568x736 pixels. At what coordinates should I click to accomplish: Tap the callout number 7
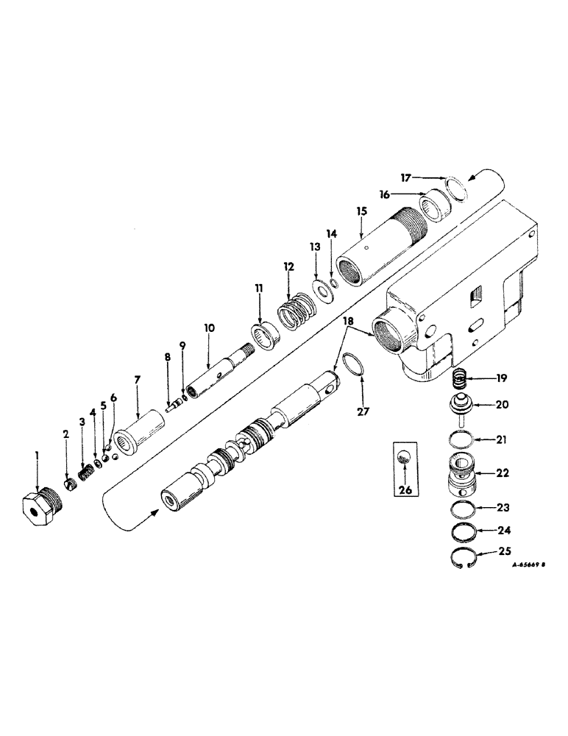pyautogui.click(x=138, y=381)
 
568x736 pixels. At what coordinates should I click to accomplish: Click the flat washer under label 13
pyautogui.click(x=321, y=289)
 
